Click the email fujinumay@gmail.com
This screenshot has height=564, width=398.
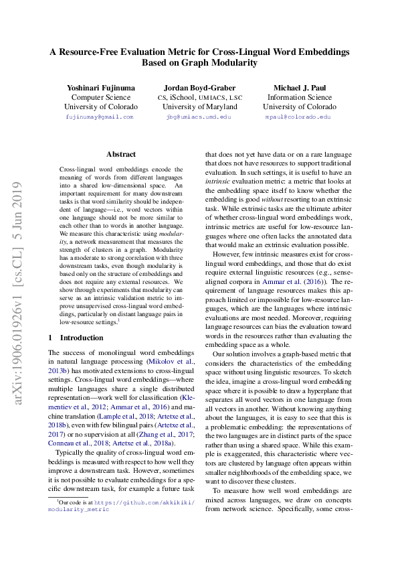pos(100,117)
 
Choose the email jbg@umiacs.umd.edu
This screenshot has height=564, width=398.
pos(198,117)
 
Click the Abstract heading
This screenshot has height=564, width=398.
pos(121,154)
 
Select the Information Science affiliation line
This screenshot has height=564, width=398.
pos(299,97)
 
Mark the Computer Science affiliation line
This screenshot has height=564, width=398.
pos(101,97)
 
